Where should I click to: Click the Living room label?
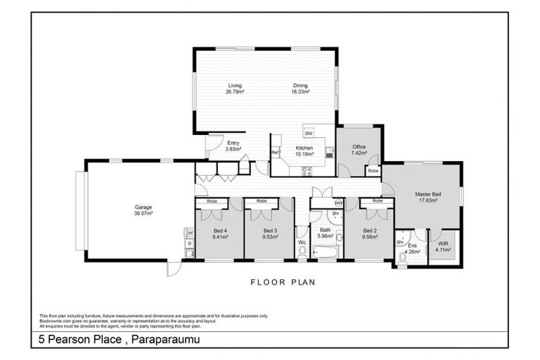[234, 86]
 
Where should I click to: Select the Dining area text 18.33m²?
[300, 92]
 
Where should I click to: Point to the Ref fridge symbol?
[275, 152]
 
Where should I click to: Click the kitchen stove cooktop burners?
[307, 170]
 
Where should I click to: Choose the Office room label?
[359, 146]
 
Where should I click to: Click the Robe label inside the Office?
[373, 171]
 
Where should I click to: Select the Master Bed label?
[427, 194]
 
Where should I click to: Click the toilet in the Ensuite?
[403, 258]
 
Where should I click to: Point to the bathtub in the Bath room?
[325, 251]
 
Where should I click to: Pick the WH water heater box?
[337, 202]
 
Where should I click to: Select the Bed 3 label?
[271, 231]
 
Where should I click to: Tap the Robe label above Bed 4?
[212, 201]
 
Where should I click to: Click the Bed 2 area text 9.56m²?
[371, 237]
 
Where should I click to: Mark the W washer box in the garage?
[188, 232]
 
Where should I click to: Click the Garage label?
[143, 207]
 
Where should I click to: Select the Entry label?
[233, 143]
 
